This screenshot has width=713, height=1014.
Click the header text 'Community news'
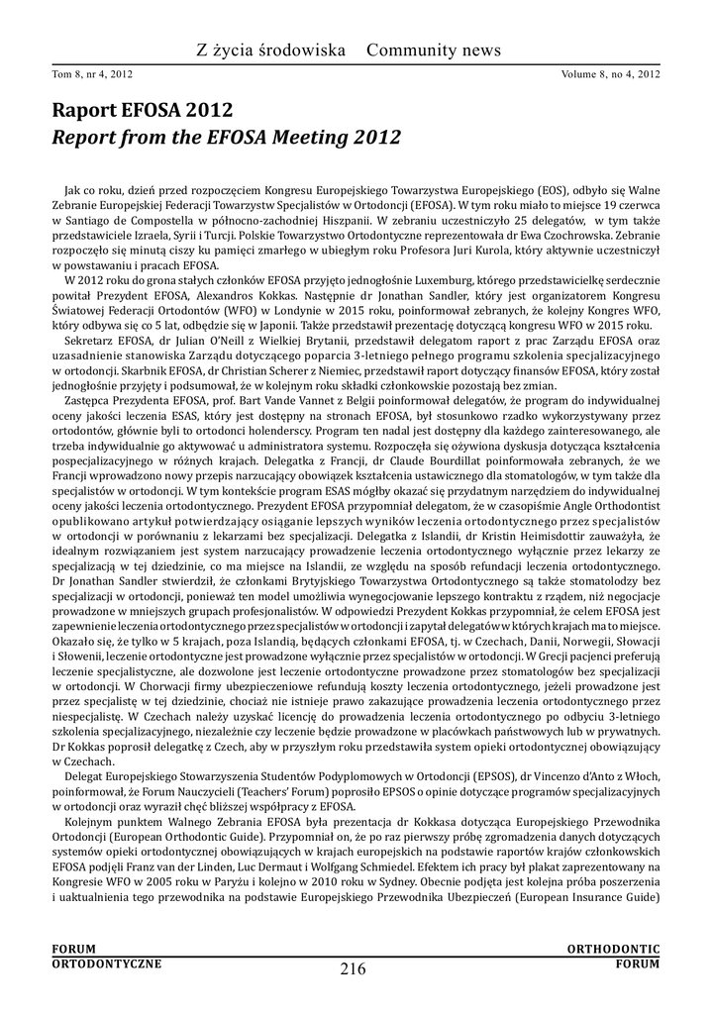(435, 50)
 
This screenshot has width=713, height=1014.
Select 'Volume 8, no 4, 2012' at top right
(610, 73)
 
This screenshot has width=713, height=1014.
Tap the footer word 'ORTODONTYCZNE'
(106, 963)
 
